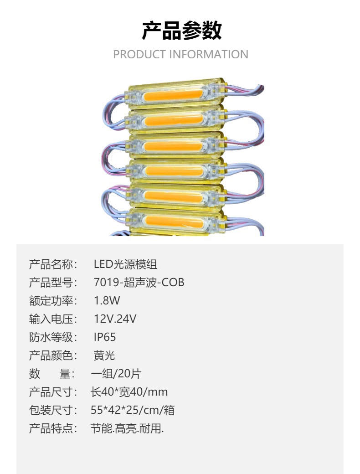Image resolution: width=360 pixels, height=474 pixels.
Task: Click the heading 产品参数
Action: click(181, 31)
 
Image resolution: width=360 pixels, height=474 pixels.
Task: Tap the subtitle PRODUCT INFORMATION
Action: click(180, 54)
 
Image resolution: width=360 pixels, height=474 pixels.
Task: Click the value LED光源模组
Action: click(125, 264)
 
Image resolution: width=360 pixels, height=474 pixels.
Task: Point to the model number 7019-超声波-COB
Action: click(139, 283)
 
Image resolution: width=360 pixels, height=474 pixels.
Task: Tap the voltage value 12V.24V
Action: click(115, 319)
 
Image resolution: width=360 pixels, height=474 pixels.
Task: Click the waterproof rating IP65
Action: click(105, 337)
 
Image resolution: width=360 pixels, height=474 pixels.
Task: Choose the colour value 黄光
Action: click(104, 355)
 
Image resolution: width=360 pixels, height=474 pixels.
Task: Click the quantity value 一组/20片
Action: click(116, 374)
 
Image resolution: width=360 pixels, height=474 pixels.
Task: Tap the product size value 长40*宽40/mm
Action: click(129, 392)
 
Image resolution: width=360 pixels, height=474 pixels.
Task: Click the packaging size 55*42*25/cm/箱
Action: click(133, 410)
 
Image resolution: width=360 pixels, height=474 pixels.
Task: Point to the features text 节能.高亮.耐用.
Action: click(127, 428)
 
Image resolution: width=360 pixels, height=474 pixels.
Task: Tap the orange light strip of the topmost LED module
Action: click(173, 97)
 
